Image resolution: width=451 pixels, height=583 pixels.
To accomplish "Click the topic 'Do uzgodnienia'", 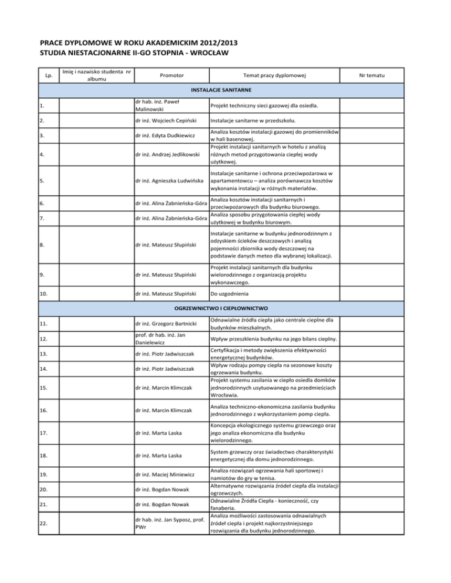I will click(x=226, y=291).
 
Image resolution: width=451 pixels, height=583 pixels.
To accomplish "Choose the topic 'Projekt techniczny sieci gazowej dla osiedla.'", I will click(x=267, y=105).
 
